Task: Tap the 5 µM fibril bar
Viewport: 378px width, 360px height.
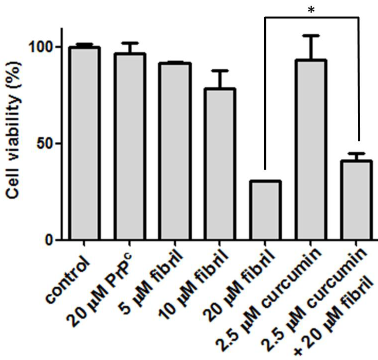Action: pyautogui.click(x=175, y=151)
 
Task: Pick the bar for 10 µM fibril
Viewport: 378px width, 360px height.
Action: pyautogui.click(x=220, y=164)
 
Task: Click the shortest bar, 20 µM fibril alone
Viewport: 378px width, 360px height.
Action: pyautogui.click(x=265, y=210)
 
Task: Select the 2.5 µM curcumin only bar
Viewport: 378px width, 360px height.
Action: pyautogui.click(x=310, y=150)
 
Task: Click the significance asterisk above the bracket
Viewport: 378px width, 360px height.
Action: pyautogui.click(x=312, y=10)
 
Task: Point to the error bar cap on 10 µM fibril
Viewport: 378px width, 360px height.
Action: pyautogui.click(x=220, y=70)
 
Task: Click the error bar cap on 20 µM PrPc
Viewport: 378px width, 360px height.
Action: pyautogui.click(x=130, y=43)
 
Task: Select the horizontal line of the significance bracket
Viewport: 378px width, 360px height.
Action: pyautogui.click(x=312, y=17)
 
